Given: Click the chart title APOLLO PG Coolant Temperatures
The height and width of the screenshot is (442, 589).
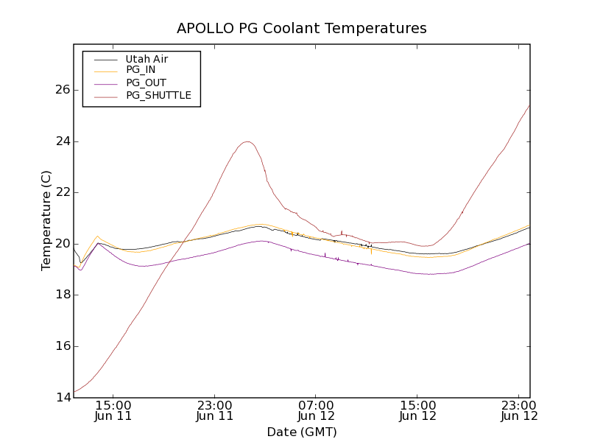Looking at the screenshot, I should click(x=301, y=29).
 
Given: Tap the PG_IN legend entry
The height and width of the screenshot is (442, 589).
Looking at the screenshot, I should click(x=141, y=70).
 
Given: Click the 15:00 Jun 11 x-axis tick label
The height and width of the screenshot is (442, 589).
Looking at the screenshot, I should click(x=113, y=410).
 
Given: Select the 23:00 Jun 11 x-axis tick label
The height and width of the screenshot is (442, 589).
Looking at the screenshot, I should click(x=215, y=410).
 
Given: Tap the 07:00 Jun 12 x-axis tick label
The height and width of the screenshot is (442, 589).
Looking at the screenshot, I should click(x=317, y=410).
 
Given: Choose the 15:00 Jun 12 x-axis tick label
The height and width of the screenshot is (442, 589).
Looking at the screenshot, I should click(x=418, y=410).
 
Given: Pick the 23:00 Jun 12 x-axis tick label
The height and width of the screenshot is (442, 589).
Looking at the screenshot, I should click(x=519, y=410).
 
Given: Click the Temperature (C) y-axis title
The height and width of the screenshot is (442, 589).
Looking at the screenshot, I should click(x=46, y=220).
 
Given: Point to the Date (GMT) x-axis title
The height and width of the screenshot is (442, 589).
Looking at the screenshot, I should click(x=301, y=432).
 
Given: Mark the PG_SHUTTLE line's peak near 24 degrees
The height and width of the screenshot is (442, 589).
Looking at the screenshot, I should click(x=247, y=141).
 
